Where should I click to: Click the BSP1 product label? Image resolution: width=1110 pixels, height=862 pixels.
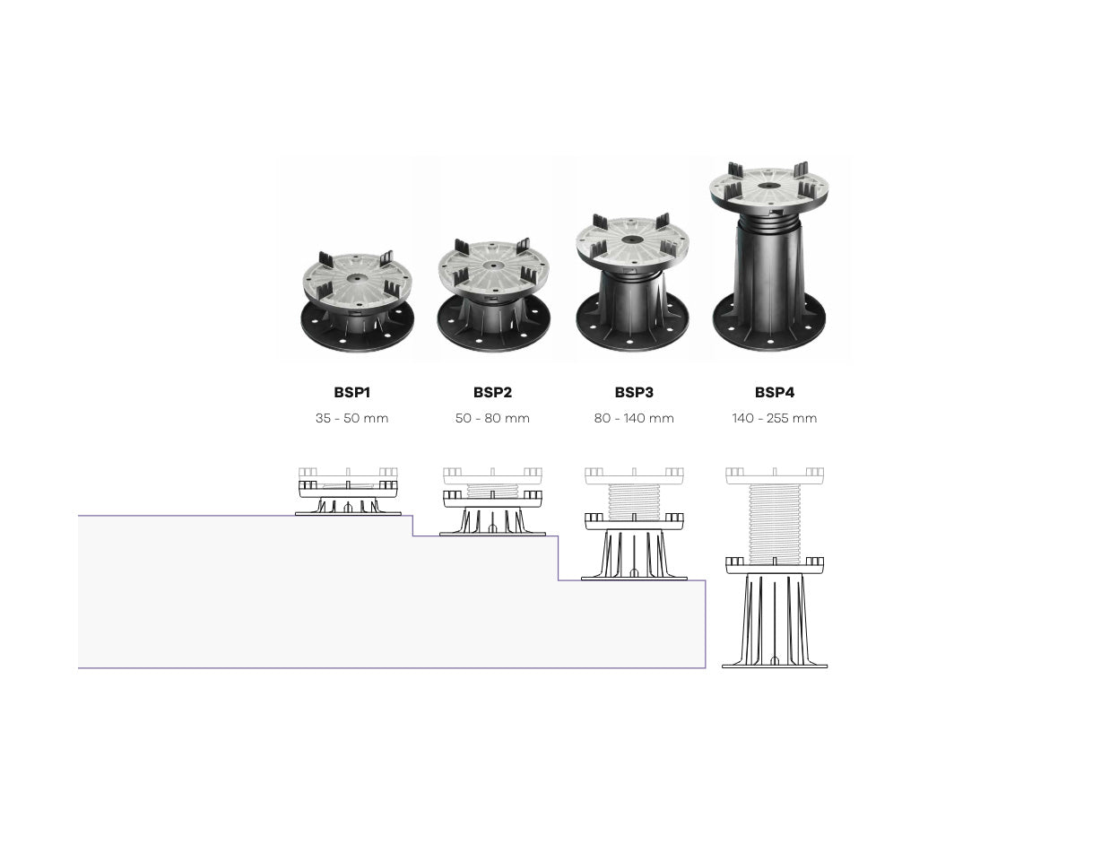351,392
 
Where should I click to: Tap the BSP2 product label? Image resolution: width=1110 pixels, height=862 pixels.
492,392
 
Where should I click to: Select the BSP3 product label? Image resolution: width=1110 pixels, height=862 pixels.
634,392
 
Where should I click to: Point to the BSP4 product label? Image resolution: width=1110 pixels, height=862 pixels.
774,392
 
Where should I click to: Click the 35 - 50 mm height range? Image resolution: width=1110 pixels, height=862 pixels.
351,418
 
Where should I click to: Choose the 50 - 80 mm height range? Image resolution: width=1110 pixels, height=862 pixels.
492,418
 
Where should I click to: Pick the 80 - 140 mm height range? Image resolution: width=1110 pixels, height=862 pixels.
634,418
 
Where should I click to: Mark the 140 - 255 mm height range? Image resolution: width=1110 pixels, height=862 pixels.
774,418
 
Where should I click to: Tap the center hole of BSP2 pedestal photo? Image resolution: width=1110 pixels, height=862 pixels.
492,266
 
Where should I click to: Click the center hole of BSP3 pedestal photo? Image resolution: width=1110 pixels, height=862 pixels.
633,240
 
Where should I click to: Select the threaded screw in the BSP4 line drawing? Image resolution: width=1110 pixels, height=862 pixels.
774,520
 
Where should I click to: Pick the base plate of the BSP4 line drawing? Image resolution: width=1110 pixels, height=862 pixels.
775,665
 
